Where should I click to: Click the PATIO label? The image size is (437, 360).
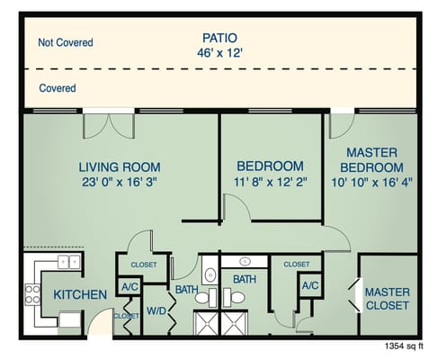[219, 38]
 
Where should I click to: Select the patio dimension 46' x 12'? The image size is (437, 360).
[219, 53]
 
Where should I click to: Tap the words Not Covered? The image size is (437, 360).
[65, 42]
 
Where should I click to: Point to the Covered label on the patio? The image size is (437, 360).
[57, 88]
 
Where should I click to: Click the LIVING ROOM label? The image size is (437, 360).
[120, 166]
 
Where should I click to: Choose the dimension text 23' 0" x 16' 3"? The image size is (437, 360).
[120, 182]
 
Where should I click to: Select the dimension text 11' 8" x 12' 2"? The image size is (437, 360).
[270, 182]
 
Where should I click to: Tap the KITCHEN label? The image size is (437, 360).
[80, 294]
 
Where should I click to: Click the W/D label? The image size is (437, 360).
[156, 311]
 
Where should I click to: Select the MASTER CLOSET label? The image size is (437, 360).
[388, 299]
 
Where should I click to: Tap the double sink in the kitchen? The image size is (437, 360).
[67, 262]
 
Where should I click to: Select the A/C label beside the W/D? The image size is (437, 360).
[128, 287]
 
